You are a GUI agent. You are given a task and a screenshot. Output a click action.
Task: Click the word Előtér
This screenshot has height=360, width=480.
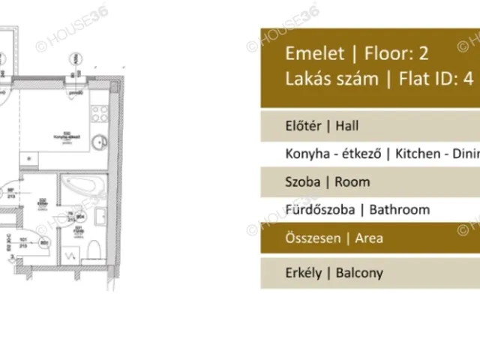click(304, 125)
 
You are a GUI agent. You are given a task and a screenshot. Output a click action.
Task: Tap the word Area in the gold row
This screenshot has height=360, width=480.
click(368, 238)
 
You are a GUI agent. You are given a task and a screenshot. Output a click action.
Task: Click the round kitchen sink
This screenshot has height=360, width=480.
click(97, 143)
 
